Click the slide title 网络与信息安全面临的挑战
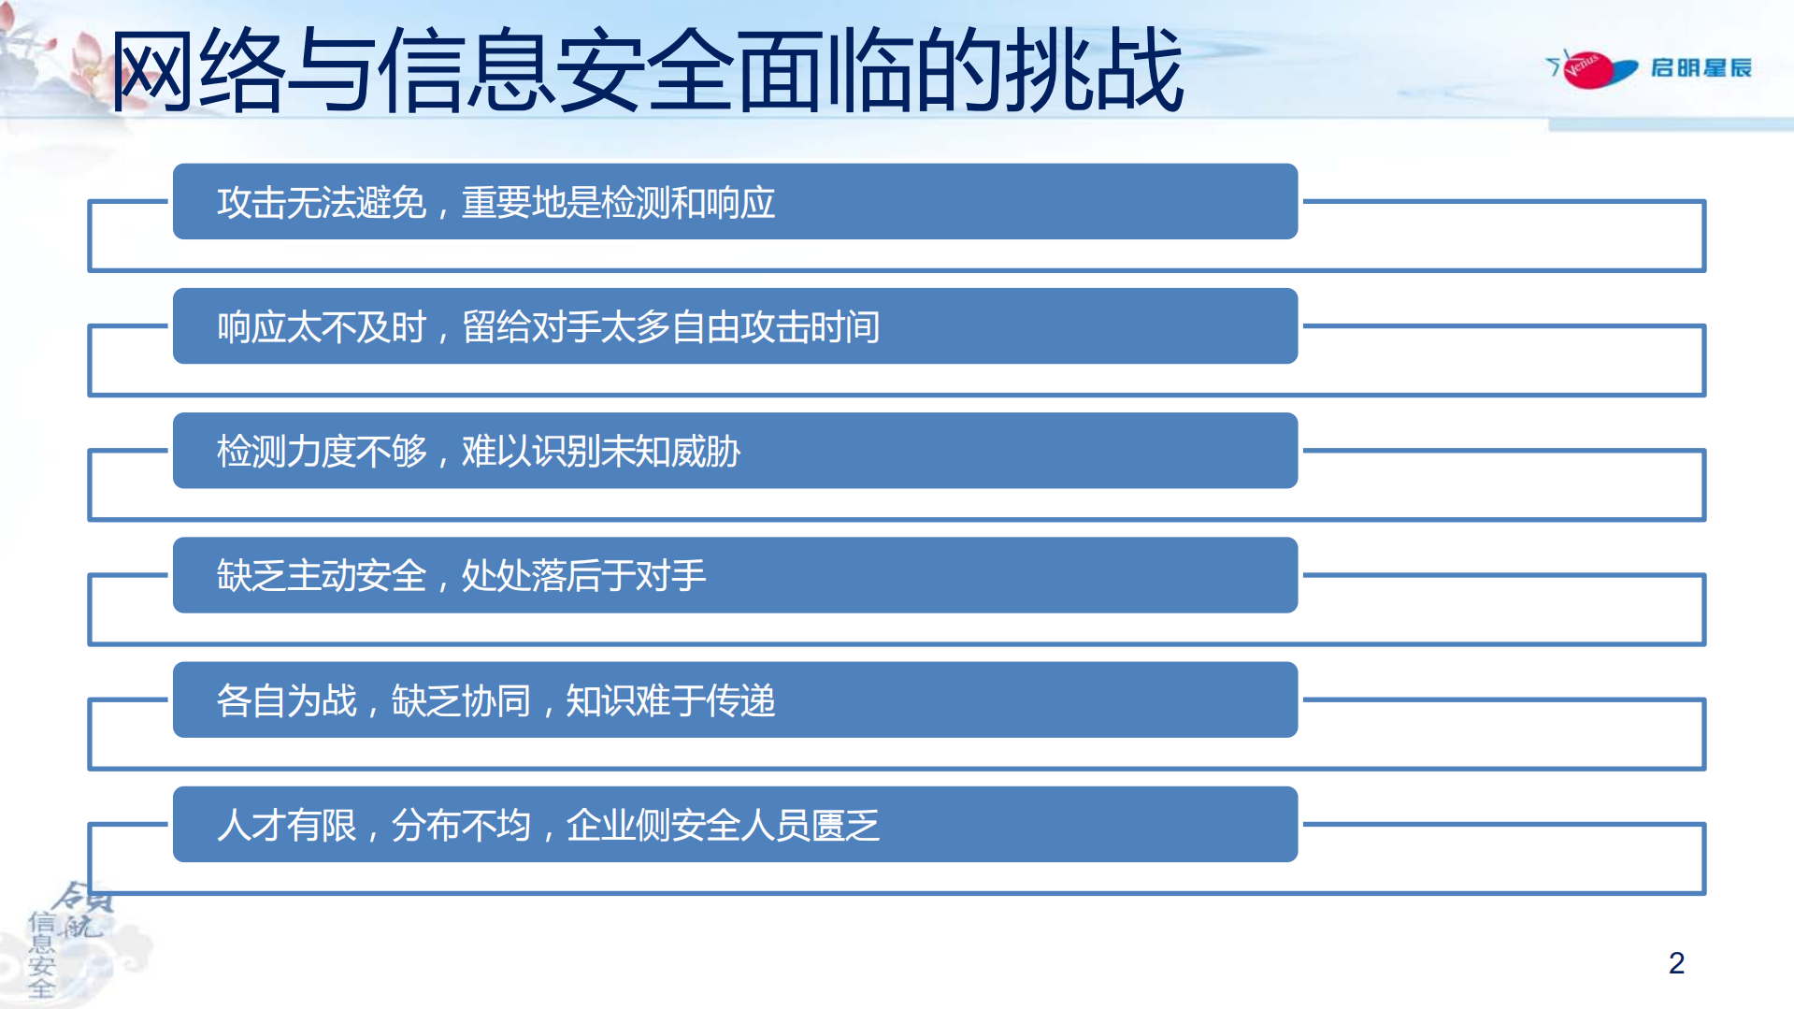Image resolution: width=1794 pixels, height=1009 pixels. [645, 71]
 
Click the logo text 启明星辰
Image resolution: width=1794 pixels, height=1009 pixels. [1701, 68]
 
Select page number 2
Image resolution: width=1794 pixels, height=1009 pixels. [1675, 962]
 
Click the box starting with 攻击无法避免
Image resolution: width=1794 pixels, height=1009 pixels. [735, 202]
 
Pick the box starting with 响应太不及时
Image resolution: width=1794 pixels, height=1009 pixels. [735, 326]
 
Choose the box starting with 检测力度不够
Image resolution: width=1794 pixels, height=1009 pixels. [735, 451]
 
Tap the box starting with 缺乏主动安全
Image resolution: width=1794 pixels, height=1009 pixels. [735, 575]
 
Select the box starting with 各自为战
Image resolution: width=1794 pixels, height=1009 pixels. [735, 699]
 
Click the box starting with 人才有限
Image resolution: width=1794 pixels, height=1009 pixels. [735, 824]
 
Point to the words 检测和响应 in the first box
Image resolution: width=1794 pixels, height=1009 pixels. [688, 203]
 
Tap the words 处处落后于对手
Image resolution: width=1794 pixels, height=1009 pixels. [583, 576]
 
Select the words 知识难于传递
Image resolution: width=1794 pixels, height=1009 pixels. [670, 700]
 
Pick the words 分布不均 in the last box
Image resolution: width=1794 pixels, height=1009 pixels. [461, 825]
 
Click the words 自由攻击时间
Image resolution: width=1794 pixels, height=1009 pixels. [775, 327]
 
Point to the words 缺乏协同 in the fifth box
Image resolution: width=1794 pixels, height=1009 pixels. [461, 700]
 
